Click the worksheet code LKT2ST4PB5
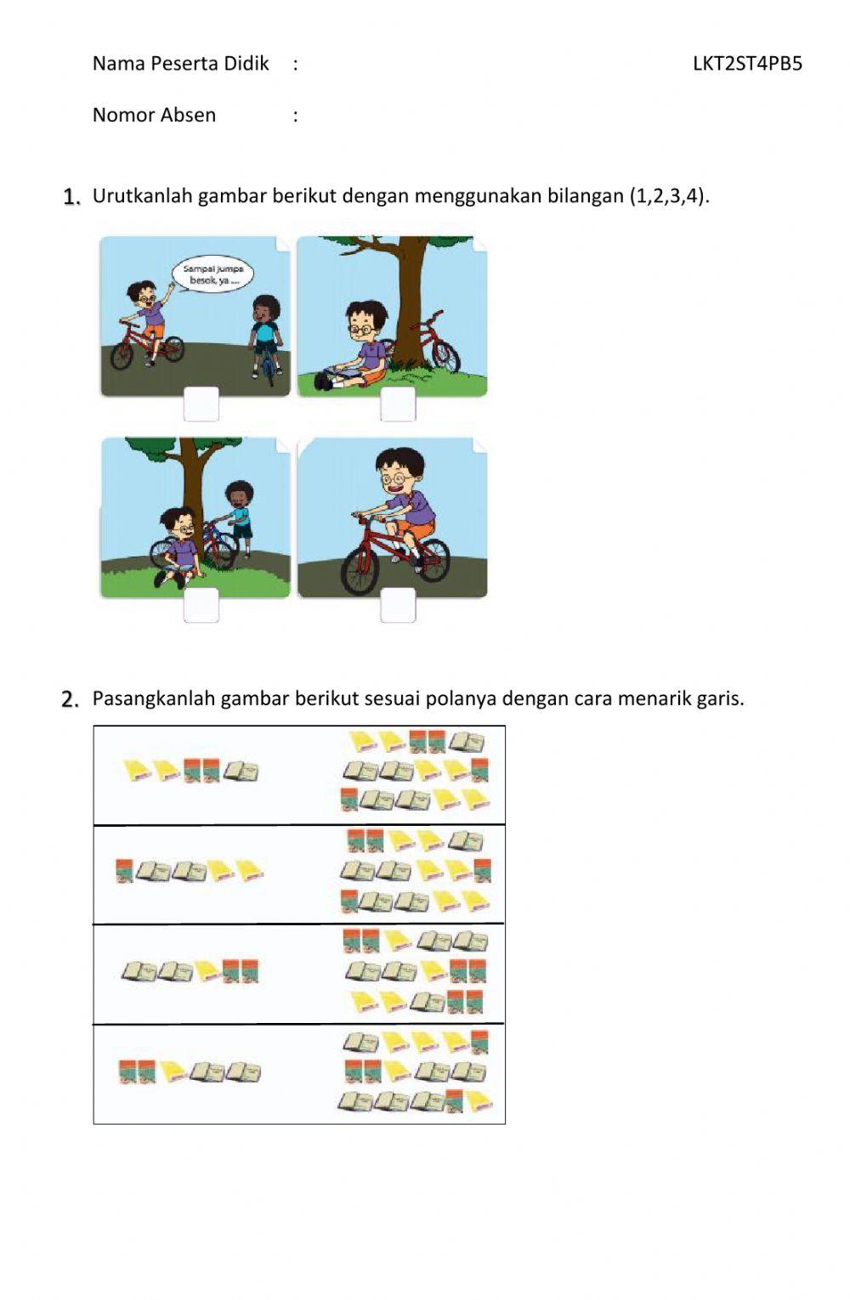pyautogui.click(x=746, y=63)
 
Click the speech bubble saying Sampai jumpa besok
pyautogui.click(x=212, y=274)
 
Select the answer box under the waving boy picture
pyautogui.click(x=201, y=404)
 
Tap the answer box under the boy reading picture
pyautogui.click(x=398, y=404)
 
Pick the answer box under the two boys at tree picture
pyautogui.click(x=201, y=605)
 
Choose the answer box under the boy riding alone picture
pyautogui.click(x=398, y=605)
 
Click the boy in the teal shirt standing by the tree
pyautogui.click(x=239, y=517)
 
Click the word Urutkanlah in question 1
pyautogui.click(x=142, y=196)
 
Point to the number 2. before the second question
pyautogui.click(x=71, y=699)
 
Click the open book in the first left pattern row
pyautogui.click(x=241, y=771)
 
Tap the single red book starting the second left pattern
pyautogui.click(x=124, y=871)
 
